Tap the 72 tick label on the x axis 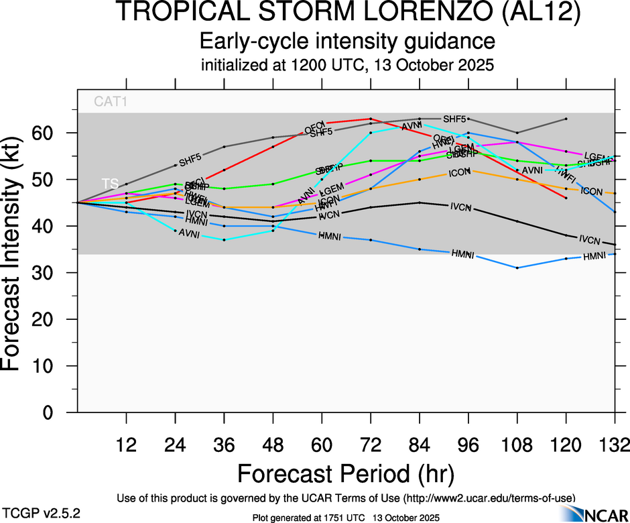click(x=371, y=445)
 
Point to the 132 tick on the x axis click(x=615, y=445)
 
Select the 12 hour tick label click(x=126, y=445)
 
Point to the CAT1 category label click(x=111, y=103)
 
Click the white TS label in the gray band click(x=109, y=182)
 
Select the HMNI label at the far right click(x=594, y=256)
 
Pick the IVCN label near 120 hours click(x=589, y=239)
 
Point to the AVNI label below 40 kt click(x=190, y=233)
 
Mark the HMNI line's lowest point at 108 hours click(x=517, y=268)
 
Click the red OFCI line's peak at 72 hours click(x=371, y=119)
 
